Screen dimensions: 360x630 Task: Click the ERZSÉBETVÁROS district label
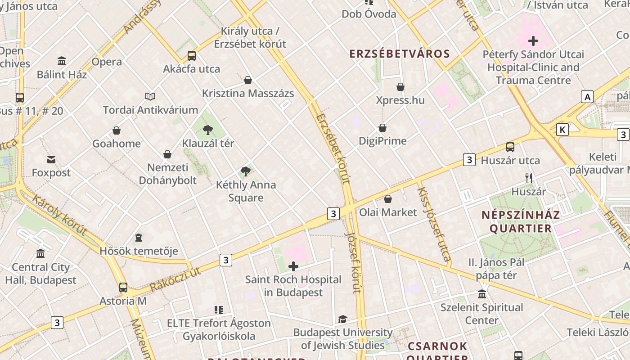coord(400,54)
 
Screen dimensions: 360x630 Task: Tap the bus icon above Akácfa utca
coord(192,56)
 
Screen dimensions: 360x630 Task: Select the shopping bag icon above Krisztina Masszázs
coord(247,80)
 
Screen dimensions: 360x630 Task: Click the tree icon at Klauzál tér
coord(207,130)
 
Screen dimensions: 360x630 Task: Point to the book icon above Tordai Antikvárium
coord(150,96)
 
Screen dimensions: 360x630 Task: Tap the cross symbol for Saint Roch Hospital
coord(293,266)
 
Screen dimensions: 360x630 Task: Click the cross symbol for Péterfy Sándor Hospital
coord(533,41)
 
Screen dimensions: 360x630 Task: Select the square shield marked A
coord(587,97)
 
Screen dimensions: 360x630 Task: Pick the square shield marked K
coord(562,130)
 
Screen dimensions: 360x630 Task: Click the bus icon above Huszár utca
coord(510,147)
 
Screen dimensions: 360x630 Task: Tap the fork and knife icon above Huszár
coord(529,178)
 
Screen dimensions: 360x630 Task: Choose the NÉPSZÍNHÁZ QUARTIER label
coord(521,221)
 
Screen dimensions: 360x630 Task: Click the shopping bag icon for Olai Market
coord(388,199)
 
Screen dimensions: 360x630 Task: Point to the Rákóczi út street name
coord(175,279)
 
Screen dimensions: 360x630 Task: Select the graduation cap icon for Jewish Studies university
coord(342,319)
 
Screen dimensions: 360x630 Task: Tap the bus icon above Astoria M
coord(123,287)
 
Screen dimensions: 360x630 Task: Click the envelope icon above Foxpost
coord(51,159)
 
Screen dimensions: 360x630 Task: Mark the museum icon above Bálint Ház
coord(62,61)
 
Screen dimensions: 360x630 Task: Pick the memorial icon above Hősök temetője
coord(139,238)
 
